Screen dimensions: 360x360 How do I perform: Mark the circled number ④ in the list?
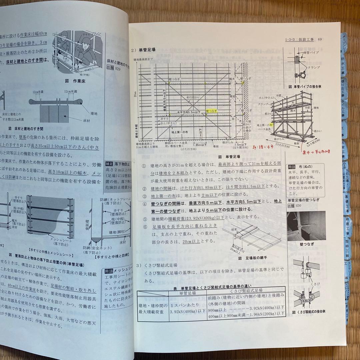[144, 204]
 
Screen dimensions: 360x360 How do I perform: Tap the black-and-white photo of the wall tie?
[306, 226]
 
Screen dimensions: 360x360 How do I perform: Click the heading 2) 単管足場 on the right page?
[143, 50]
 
